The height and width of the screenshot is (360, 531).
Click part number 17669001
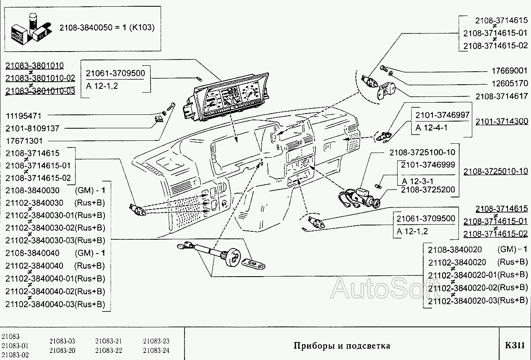point(509,71)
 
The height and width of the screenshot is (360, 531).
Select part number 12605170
point(509,83)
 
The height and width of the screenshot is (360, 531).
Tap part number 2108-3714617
point(502,96)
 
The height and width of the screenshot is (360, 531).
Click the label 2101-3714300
point(502,122)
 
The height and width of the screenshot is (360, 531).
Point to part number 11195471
point(27,115)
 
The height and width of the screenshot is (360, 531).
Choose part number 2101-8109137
point(33,128)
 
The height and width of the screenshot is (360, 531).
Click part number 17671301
point(27,141)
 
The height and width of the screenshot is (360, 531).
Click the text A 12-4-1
point(432,127)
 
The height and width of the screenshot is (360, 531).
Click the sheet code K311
point(515,345)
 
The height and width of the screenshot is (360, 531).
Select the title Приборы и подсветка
point(342,346)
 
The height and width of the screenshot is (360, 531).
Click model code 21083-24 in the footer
point(156,350)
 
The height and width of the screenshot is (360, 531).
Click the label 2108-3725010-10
point(495,171)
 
